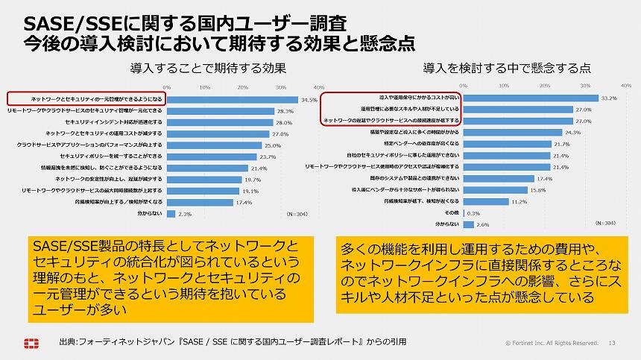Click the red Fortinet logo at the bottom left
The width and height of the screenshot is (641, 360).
pyautogui.click(x=31, y=343)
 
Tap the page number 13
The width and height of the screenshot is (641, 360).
pyautogui.click(x=613, y=343)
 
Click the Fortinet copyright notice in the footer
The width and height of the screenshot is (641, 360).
pyautogui.click(x=552, y=343)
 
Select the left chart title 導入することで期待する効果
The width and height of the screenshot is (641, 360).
pyautogui.click(x=208, y=68)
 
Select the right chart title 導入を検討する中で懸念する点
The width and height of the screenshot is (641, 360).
pyautogui.click(x=507, y=68)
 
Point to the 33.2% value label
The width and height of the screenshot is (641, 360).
pyautogui.click(x=609, y=98)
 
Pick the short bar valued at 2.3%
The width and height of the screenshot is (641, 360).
pyautogui.click(x=171, y=213)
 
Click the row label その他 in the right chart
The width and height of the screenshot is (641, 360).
pyautogui.click(x=450, y=212)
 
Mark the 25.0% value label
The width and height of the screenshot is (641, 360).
pyautogui.click(x=272, y=145)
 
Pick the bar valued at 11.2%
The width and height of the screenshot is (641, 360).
pyautogui.click(x=484, y=201)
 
